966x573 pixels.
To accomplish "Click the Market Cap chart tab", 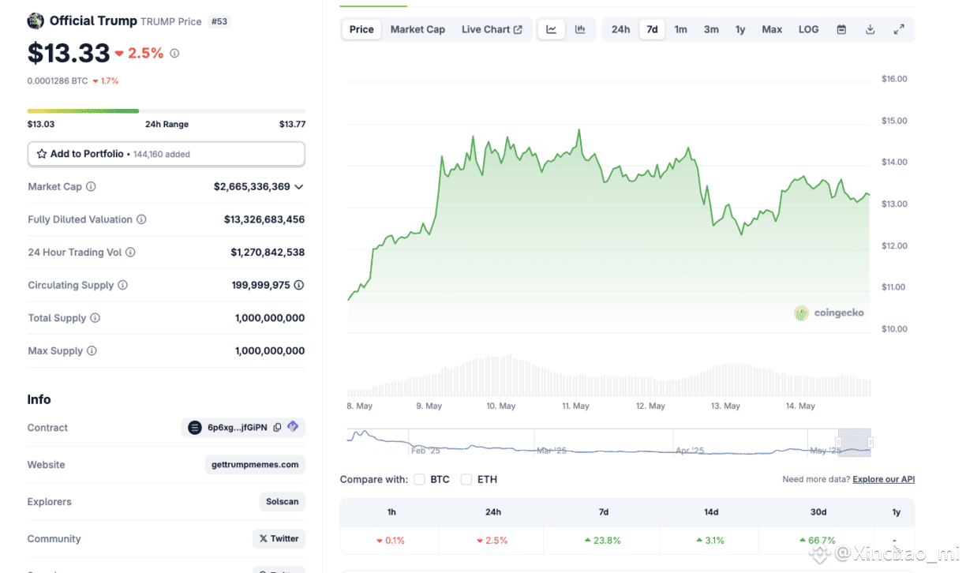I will pyautogui.click(x=417, y=29).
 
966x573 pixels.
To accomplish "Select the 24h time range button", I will pyautogui.click(x=620, y=29).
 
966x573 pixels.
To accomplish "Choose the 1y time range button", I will pyautogui.click(x=740, y=29).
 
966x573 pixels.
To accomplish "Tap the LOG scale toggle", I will pyautogui.click(x=808, y=29).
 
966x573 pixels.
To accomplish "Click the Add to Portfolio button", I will pyautogui.click(x=166, y=154).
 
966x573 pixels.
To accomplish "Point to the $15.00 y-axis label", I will pyautogui.click(x=894, y=121).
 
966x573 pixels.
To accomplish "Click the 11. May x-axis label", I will pyautogui.click(x=575, y=406).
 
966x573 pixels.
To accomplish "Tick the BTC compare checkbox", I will pyautogui.click(x=419, y=479).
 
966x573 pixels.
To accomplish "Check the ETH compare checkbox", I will pyautogui.click(x=466, y=479).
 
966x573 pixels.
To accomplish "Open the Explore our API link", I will pyautogui.click(x=883, y=479).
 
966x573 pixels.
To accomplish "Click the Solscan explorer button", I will pyautogui.click(x=282, y=502).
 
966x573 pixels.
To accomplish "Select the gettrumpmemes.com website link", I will pyautogui.click(x=254, y=465).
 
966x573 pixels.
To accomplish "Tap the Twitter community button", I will pyautogui.click(x=279, y=539).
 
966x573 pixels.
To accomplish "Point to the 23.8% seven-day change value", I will pyautogui.click(x=603, y=541).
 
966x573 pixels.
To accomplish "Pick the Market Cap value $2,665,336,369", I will pyautogui.click(x=252, y=187).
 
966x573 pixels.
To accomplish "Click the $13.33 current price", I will pyautogui.click(x=69, y=53).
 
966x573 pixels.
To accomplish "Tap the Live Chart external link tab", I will pyautogui.click(x=492, y=29).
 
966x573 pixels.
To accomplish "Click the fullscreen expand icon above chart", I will pyautogui.click(x=898, y=29).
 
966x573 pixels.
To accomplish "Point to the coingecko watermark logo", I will pyautogui.click(x=829, y=313).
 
